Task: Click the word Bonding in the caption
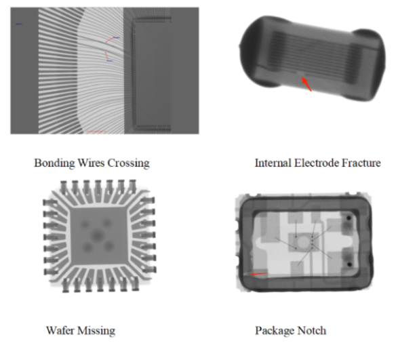click(54, 163)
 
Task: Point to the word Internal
click(273, 163)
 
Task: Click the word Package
click(275, 331)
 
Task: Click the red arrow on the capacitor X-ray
click(306, 84)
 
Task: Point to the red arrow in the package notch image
click(259, 274)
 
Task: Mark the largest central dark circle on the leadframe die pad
click(97, 235)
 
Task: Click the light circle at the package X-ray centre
click(303, 242)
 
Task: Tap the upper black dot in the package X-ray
click(349, 218)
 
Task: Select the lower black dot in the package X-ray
click(349, 264)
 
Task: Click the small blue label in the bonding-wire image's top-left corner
click(19, 24)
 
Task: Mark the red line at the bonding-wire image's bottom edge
click(96, 131)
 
